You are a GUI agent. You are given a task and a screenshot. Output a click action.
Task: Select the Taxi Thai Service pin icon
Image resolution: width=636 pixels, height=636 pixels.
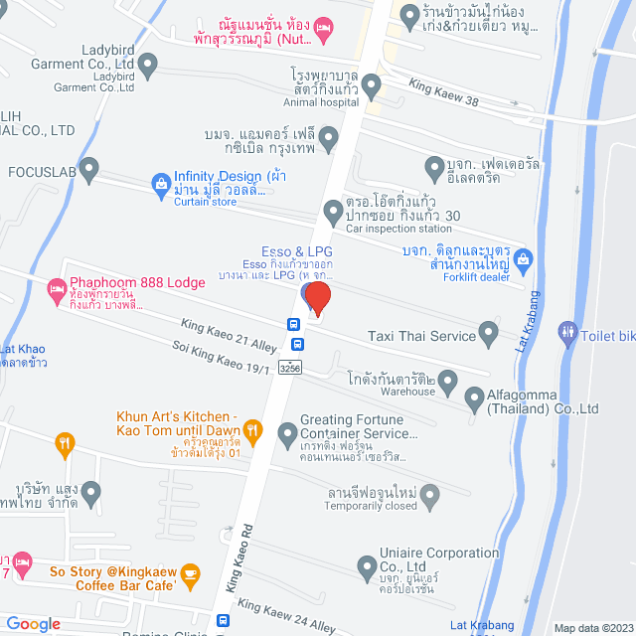tap(488, 333)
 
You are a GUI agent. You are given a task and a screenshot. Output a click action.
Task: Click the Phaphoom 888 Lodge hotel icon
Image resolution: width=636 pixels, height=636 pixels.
tap(56, 290)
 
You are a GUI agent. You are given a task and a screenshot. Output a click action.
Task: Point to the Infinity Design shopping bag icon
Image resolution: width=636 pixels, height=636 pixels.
tap(160, 183)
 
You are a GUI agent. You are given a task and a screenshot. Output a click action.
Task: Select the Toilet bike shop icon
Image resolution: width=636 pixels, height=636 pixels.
tap(568, 329)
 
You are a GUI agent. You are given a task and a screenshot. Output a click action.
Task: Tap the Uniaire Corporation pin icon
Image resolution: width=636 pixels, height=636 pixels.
tap(365, 567)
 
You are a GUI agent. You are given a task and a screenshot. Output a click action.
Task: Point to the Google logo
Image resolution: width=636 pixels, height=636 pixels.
tap(33, 624)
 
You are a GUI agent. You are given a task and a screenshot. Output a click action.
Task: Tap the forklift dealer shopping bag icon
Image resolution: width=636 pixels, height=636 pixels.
tap(524, 259)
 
